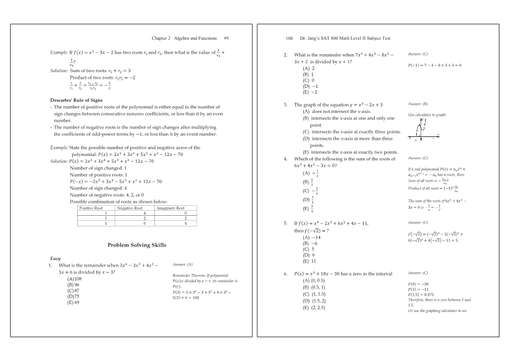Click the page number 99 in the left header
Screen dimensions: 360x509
pos(226,38)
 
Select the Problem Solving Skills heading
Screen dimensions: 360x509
pos(136,245)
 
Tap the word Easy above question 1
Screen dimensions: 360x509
pos(55,258)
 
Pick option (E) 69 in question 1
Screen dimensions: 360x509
pos(73,302)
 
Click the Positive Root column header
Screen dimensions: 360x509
pos(91,208)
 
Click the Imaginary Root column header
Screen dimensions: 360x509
pos(170,208)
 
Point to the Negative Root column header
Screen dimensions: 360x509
pos(129,208)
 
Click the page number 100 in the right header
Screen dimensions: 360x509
pos(289,38)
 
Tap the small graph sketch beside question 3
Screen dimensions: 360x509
pos(423,128)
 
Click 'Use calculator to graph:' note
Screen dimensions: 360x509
pos(427,114)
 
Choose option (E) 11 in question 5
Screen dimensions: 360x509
pos(309,261)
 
